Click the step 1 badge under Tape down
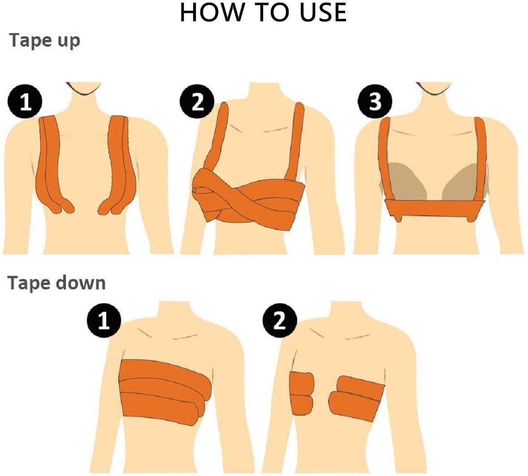(104, 320)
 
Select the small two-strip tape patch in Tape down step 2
(302, 393)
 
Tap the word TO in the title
(274, 13)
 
